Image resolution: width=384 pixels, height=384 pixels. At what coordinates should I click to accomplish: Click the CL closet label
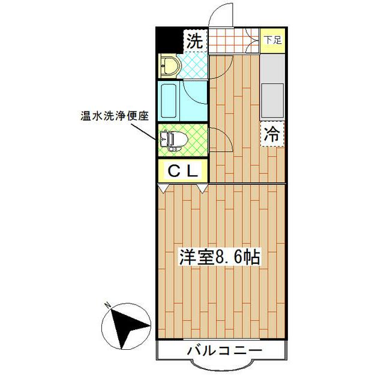click(x=182, y=171)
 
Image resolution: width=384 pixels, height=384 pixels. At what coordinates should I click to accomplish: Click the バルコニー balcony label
click(x=224, y=350)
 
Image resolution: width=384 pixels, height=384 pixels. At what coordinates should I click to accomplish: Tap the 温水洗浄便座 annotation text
click(x=115, y=115)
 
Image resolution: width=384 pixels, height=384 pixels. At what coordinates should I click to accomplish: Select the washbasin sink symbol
click(x=167, y=65)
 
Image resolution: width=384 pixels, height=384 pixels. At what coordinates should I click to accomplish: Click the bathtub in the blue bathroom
click(x=167, y=101)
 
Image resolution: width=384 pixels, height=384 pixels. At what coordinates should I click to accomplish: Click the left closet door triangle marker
click(x=163, y=188)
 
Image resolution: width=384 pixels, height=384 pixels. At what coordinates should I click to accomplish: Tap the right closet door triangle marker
click(x=202, y=188)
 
